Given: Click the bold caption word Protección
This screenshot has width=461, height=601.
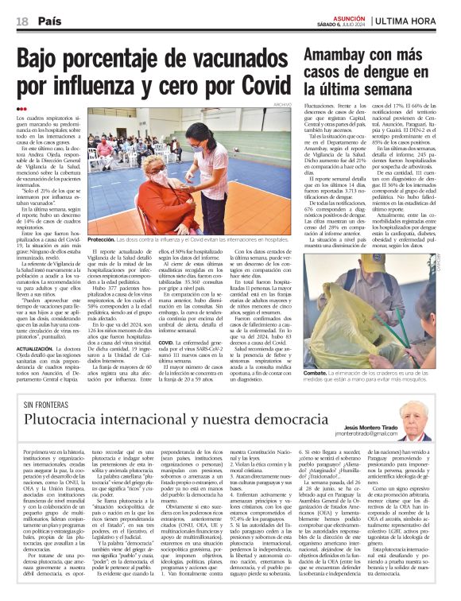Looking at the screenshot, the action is point(102,239).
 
